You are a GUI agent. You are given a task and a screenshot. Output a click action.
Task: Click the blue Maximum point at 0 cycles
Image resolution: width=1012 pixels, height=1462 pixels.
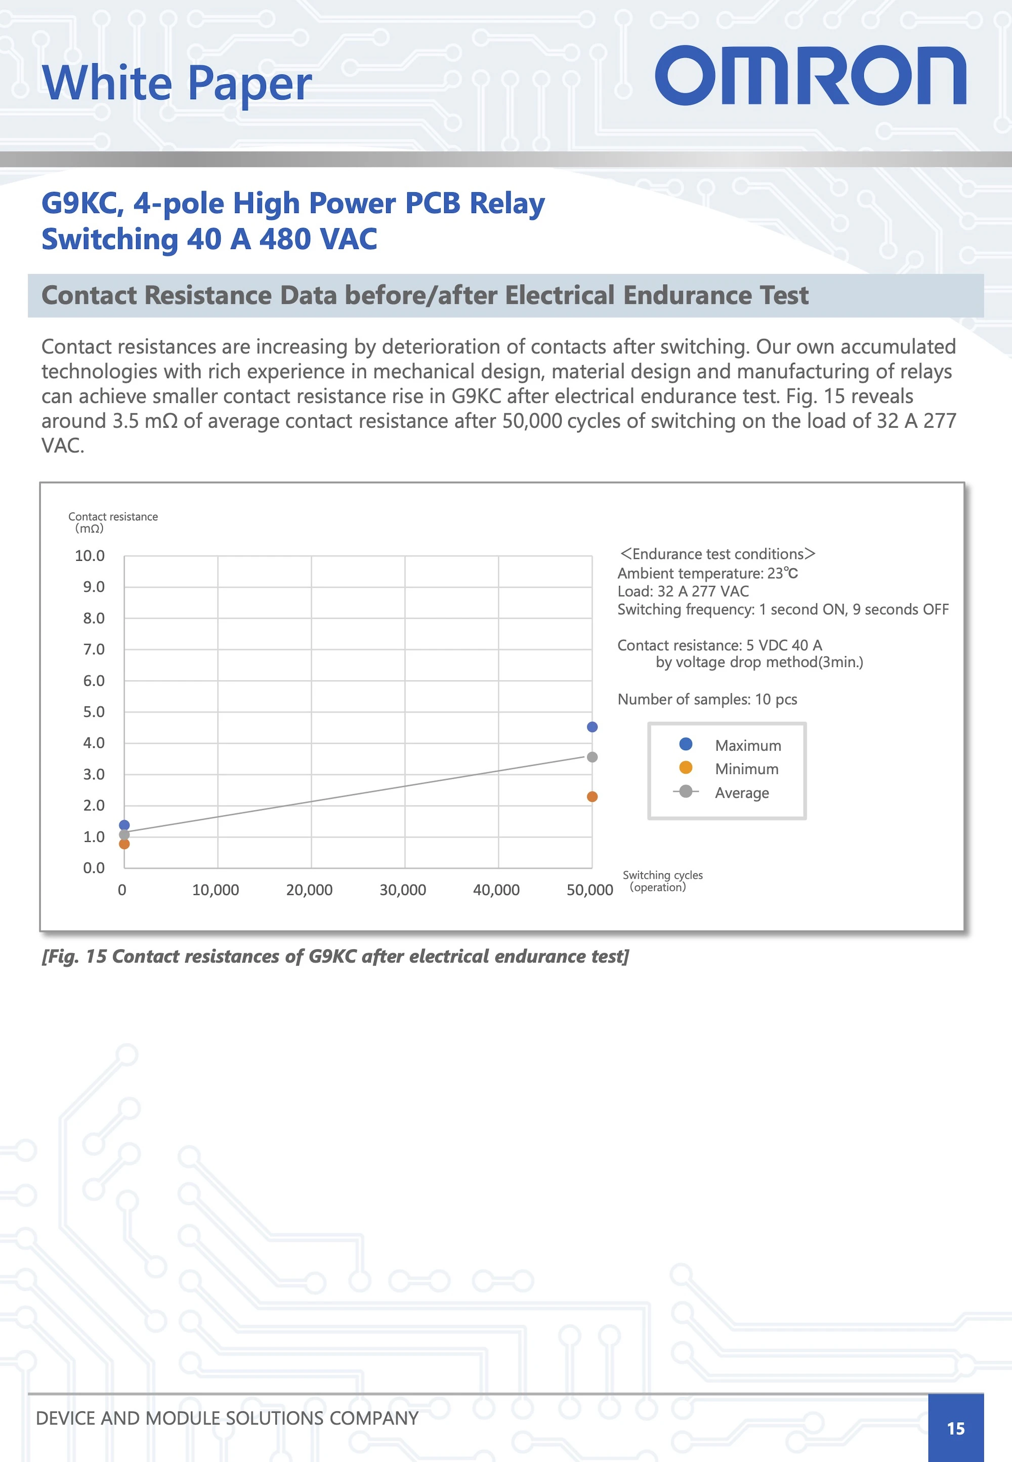[124, 825]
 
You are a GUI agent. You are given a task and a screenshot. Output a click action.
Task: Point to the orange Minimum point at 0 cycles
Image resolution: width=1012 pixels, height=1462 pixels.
[124, 844]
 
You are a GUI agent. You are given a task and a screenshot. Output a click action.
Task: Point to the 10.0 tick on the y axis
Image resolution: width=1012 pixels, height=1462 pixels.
[90, 556]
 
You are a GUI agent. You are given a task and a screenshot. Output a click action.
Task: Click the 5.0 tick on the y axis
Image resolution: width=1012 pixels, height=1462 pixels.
[94, 712]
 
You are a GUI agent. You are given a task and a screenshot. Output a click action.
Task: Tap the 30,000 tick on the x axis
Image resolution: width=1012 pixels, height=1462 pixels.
[403, 890]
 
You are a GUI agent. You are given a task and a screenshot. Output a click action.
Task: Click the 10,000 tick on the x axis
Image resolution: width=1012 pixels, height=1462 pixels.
[216, 890]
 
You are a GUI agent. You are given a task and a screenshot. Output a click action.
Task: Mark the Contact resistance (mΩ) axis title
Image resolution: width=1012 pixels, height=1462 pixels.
[113, 522]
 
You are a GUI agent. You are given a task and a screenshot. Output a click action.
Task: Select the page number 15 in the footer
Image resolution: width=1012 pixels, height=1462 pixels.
[955, 1429]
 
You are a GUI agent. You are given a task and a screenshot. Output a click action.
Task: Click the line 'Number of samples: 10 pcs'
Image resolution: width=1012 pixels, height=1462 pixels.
[707, 699]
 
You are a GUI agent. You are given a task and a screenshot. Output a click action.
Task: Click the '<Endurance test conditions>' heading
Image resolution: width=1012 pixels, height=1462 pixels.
[717, 554]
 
